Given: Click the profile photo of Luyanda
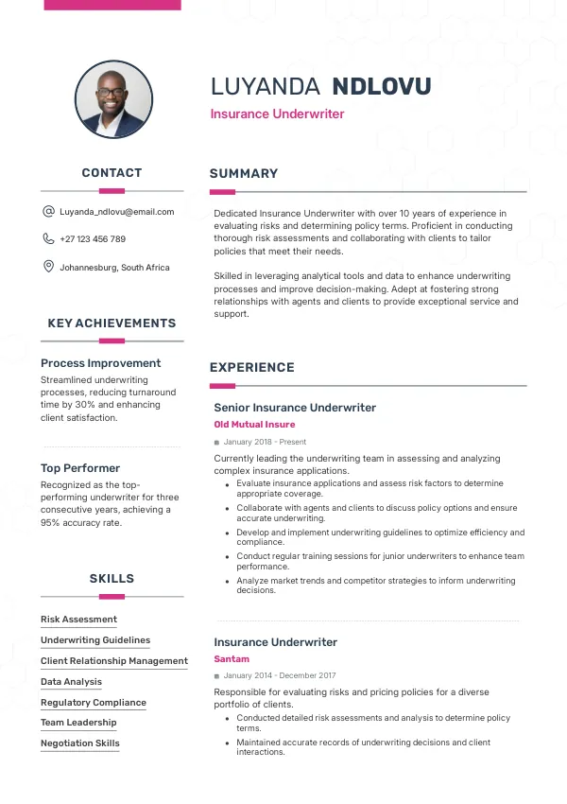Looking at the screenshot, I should [113, 99].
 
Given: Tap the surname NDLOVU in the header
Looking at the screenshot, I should [382, 87].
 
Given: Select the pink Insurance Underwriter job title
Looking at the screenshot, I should [277, 114].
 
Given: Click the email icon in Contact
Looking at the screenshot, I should [48, 212].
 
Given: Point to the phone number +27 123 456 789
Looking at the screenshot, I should [93, 239].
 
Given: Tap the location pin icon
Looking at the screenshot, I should [48, 267].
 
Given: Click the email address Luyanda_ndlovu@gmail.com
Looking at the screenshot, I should [117, 212].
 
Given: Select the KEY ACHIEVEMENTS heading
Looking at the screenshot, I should [112, 323].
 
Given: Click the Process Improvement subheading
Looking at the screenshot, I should [101, 363].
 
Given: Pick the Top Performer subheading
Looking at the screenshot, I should [80, 468].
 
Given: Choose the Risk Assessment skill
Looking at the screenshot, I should [78, 620].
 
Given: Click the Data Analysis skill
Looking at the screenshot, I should [71, 682].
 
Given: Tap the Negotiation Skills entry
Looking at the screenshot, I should [80, 743].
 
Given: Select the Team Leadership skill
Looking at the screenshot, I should [78, 723].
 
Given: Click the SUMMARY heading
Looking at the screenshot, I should [244, 174].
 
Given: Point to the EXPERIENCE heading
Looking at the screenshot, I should [252, 368].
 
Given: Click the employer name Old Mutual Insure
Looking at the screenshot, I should [254, 425].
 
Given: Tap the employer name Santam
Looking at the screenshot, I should [232, 659].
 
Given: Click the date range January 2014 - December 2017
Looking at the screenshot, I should [280, 675].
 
